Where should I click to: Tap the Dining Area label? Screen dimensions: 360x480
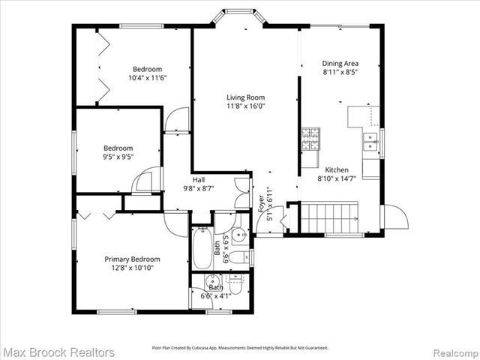pyautogui.click(x=340, y=64)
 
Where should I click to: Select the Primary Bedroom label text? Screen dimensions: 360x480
pyautogui.click(x=132, y=259)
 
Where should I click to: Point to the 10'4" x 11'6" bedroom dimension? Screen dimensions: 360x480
pyautogui.click(x=147, y=77)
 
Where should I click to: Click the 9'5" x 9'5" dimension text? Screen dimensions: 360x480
pyautogui.click(x=118, y=158)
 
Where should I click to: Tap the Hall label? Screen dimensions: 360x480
pyautogui.click(x=199, y=180)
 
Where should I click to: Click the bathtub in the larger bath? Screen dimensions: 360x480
pyautogui.click(x=202, y=249)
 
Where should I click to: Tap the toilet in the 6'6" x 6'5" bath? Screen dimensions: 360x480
pyautogui.click(x=239, y=257)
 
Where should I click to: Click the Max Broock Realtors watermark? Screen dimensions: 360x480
pyautogui.click(x=59, y=352)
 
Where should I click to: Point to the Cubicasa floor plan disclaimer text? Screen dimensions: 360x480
pyautogui.click(x=240, y=348)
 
